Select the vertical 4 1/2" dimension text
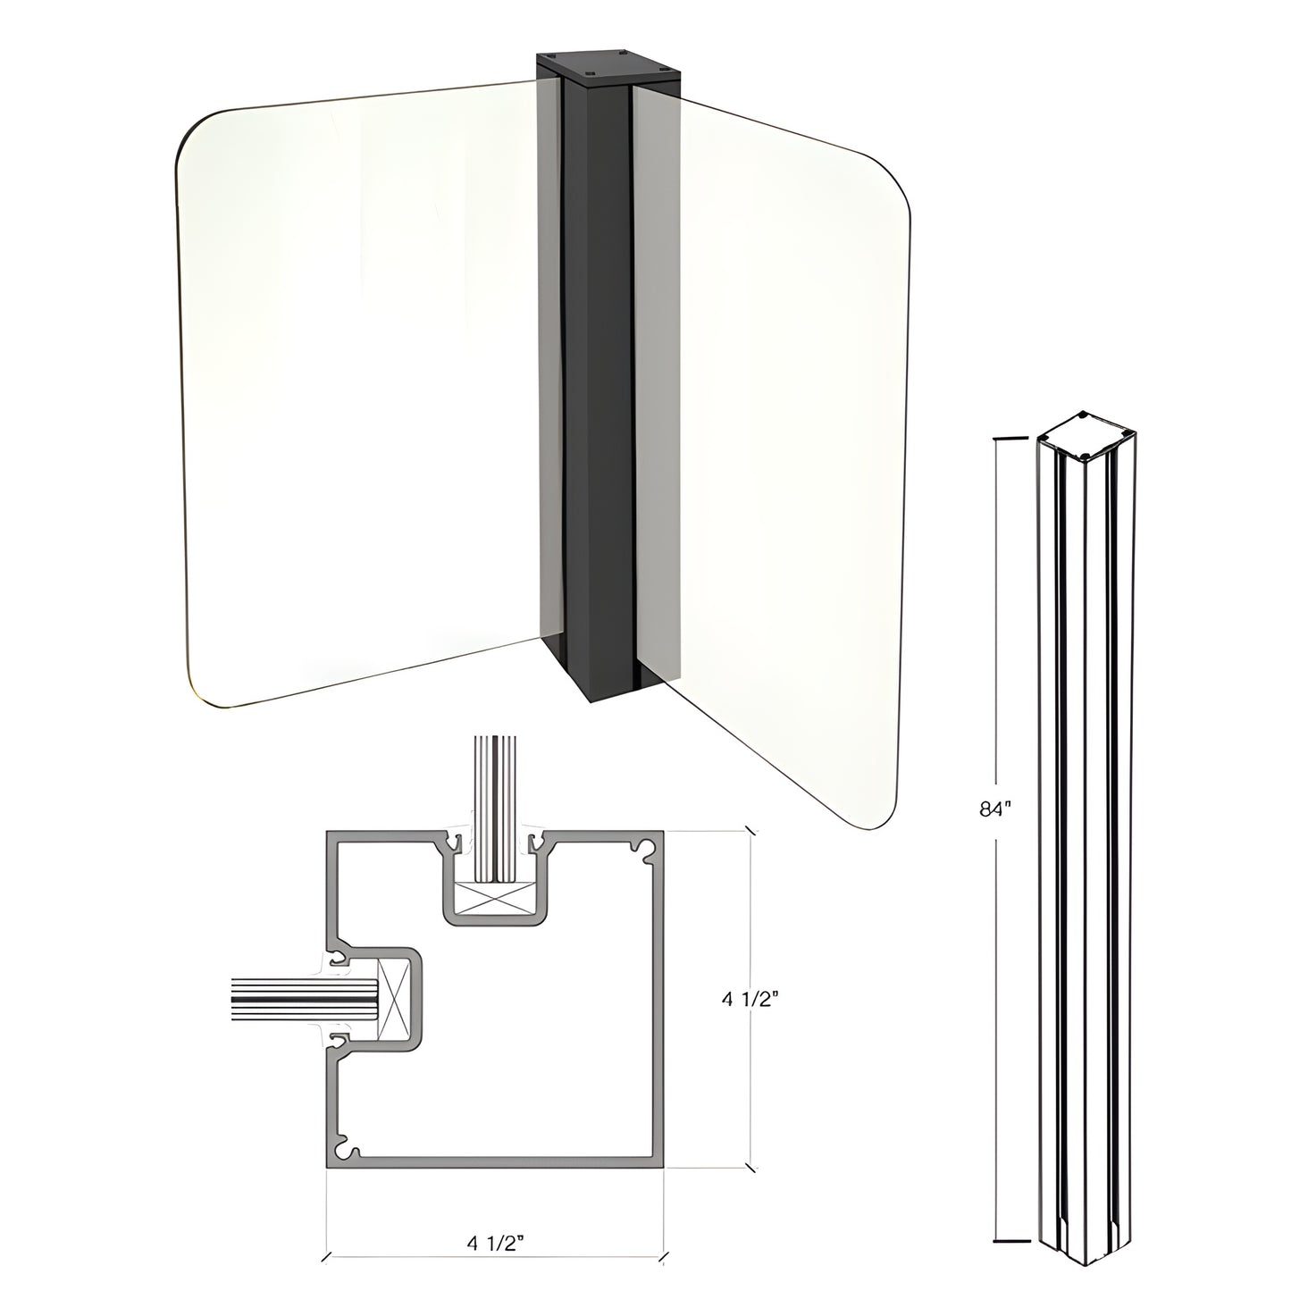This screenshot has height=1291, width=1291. [x=752, y=1000]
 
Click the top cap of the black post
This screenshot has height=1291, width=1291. [x=607, y=68]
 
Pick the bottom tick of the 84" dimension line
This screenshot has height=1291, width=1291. [x=1008, y=1242]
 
